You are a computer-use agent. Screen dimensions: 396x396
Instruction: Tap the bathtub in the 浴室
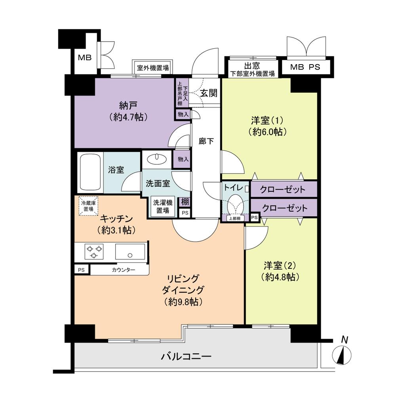(90, 173)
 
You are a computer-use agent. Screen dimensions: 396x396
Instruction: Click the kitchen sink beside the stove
(129, 251)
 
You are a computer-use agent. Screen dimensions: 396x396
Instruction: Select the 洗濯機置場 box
(162, 206)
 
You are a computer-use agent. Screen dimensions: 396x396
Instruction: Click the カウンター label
(123, 270)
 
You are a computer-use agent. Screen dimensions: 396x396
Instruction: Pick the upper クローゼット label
(283, 190)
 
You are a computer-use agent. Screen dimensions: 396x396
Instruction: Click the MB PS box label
(305, 67)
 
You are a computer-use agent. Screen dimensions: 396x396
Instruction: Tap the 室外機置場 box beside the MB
(153, 68)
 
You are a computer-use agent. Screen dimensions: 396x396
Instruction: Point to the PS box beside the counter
(82, 270)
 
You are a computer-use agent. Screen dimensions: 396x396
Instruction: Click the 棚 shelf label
(185, 202)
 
